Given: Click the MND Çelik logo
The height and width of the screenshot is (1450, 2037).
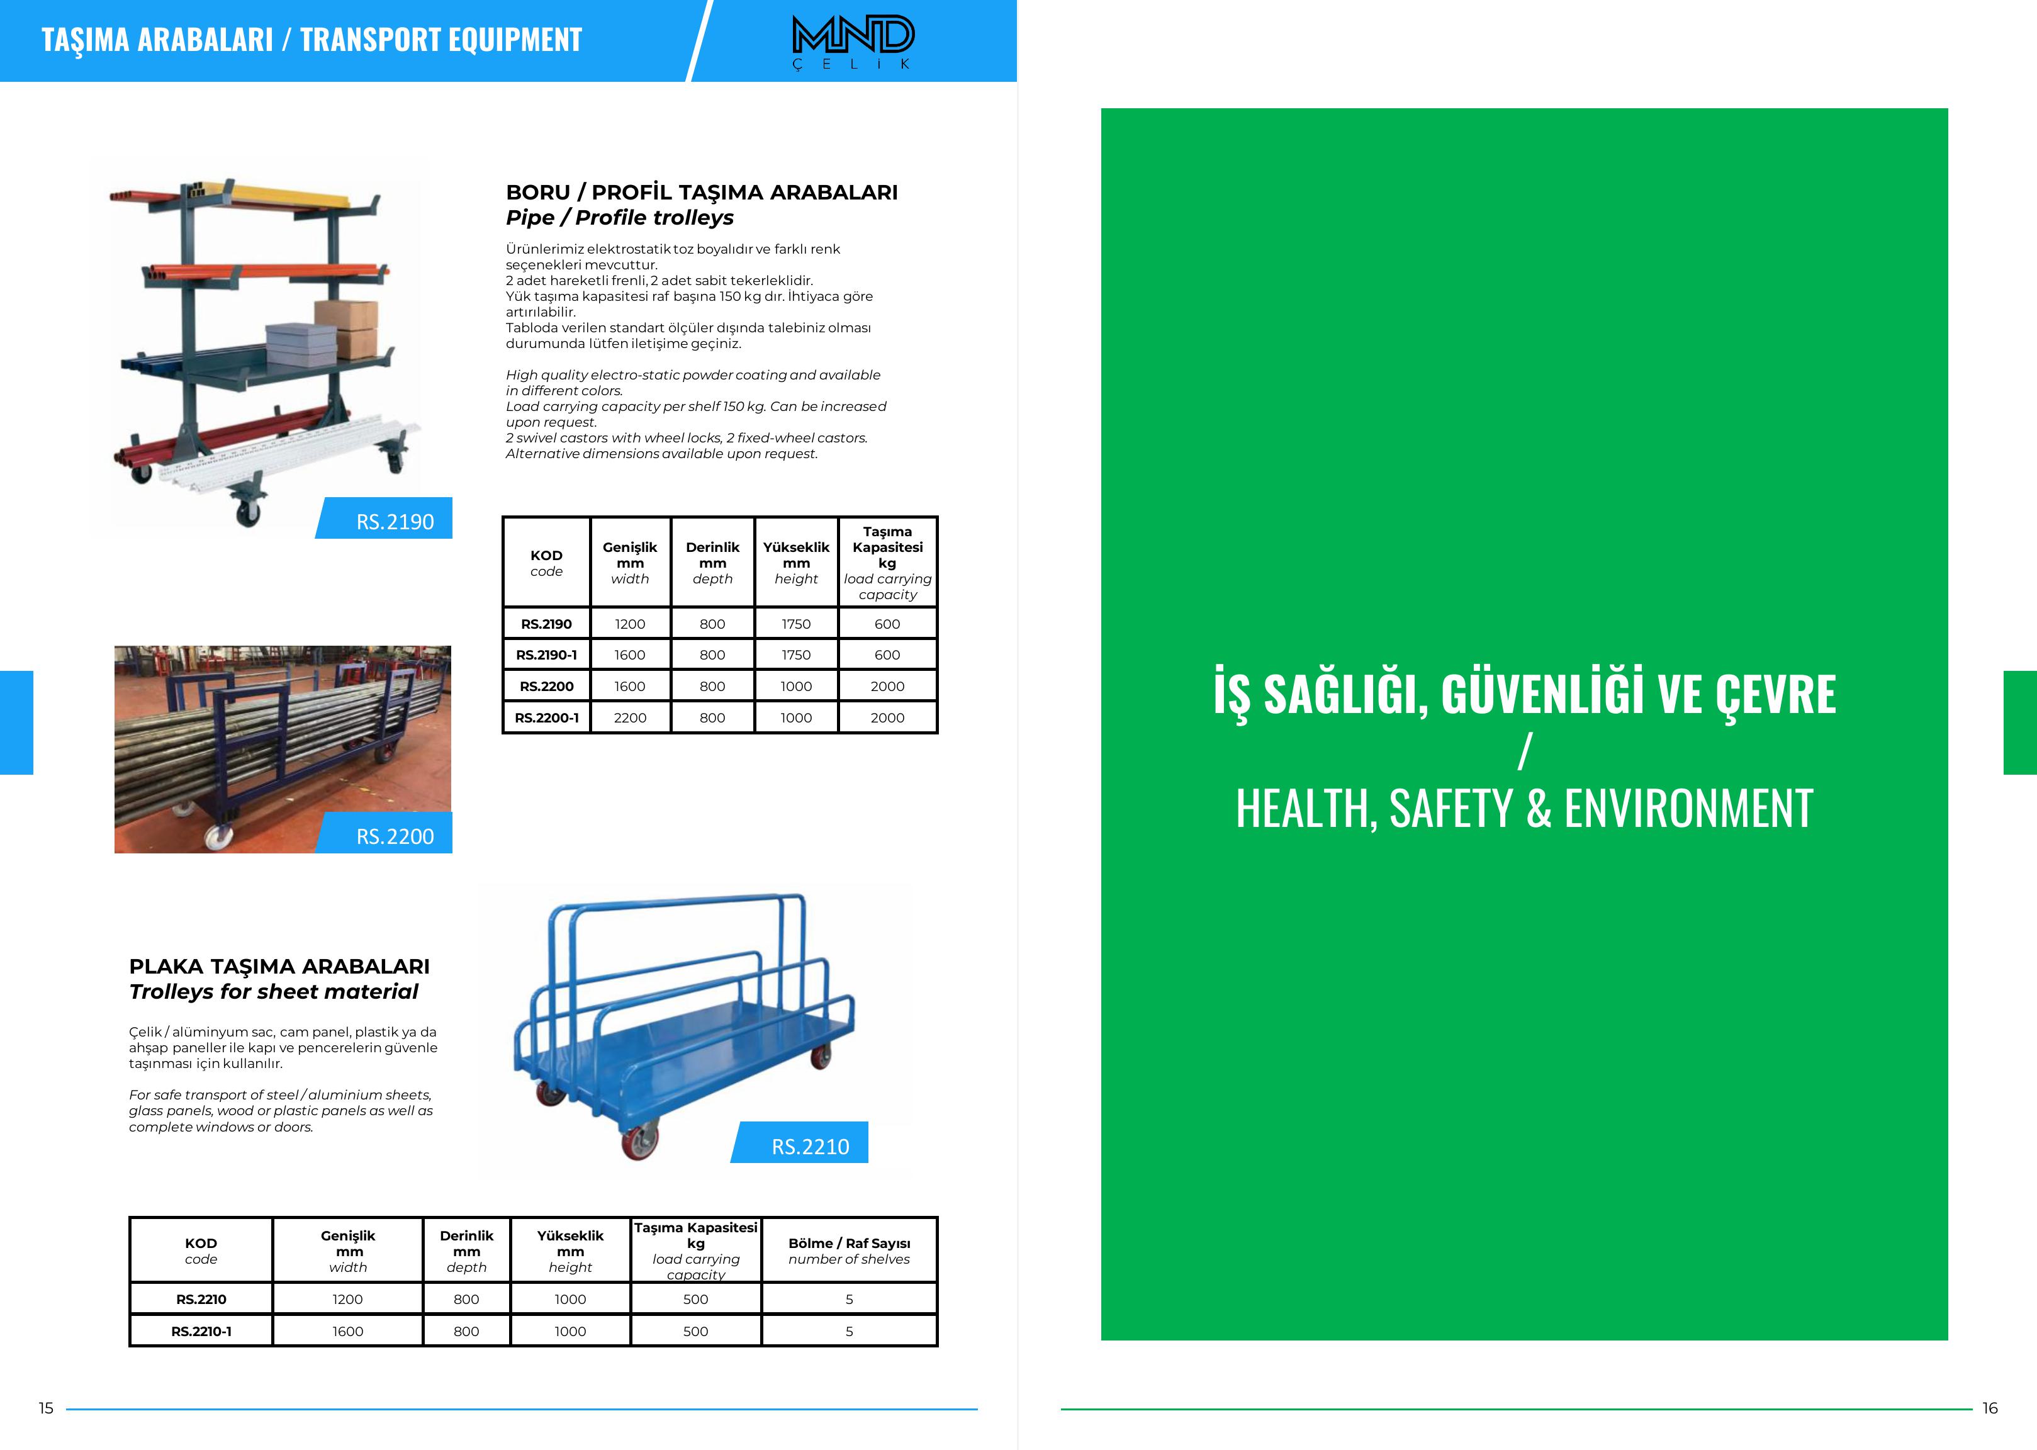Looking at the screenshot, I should tap(853, 41).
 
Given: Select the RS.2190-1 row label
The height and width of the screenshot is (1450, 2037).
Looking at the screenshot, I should tap(546, 655).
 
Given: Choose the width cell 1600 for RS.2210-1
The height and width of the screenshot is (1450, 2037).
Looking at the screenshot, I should tap(347, 1331).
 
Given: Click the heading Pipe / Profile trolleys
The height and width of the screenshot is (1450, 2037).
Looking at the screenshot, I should tap(619, 218).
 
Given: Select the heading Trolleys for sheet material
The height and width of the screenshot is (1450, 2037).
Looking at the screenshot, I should tap(273, 992).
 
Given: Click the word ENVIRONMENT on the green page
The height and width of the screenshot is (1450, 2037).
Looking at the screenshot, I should tap(1688, 808).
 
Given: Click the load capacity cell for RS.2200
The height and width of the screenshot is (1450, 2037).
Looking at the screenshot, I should tap(887, 687).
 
